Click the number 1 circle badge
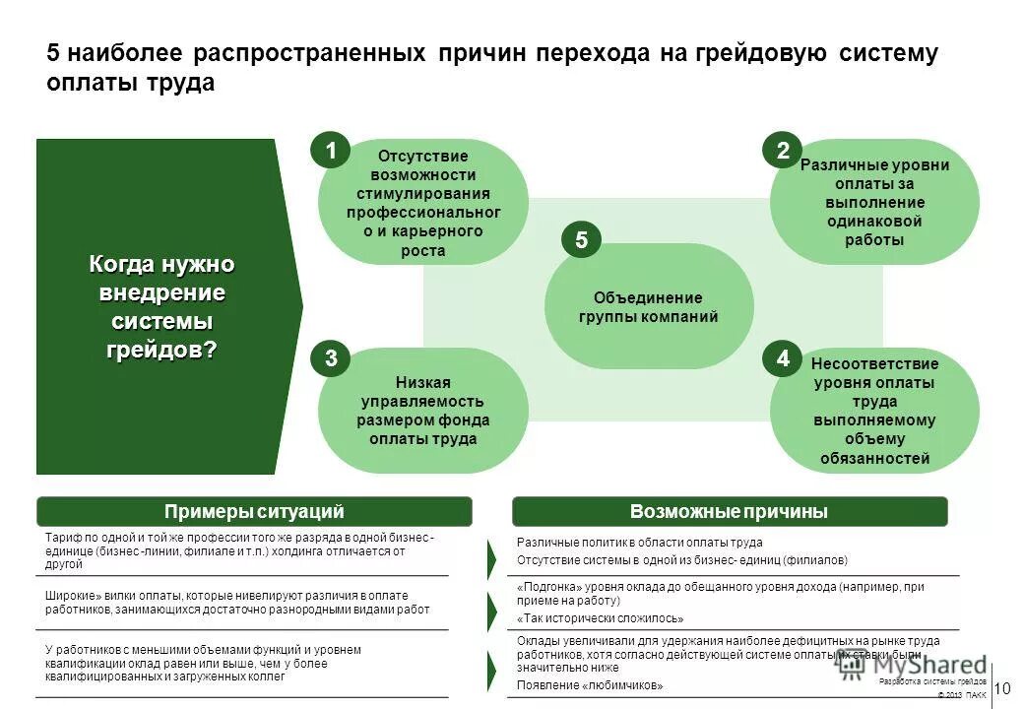click(x=331, y=151)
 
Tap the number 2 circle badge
click(x=783, y=151)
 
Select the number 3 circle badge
click(x=331, y=359)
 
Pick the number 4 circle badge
click(x=783, y=359)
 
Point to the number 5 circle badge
click(x=581, y=240)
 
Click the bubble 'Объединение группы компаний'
click(x=648, y=307)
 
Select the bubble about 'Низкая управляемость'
click(x=422, y=411)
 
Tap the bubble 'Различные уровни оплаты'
click(x=874, y=202)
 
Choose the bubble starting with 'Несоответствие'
click(x=874, y=411)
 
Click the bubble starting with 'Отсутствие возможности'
click(x=422, y=202)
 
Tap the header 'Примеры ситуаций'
click(x=254, y=511)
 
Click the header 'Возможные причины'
click(x=729, y=511)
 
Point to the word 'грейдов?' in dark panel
click(x=161, y=350)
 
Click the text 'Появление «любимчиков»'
click(x=590, y=685)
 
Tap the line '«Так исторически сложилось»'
click(x=600, y=618)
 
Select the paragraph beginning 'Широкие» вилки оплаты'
click(x=237, y=603)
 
